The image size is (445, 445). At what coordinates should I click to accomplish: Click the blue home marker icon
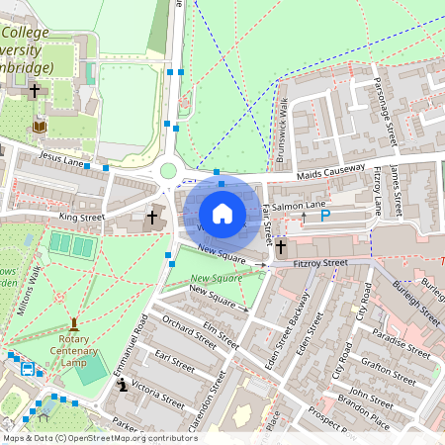[222, 214]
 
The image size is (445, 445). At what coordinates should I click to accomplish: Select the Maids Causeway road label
[331, 172]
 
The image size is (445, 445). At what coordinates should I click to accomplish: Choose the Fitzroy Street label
[321, 263]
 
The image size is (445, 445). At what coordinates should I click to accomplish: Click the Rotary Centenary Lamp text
[74, 349]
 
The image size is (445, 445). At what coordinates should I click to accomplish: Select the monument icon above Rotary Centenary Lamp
[74, 323]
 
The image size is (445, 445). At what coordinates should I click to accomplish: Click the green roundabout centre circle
[168, 171]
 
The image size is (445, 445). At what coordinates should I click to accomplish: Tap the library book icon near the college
[40, 127]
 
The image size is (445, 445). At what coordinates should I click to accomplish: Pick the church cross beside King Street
[152, 216]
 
